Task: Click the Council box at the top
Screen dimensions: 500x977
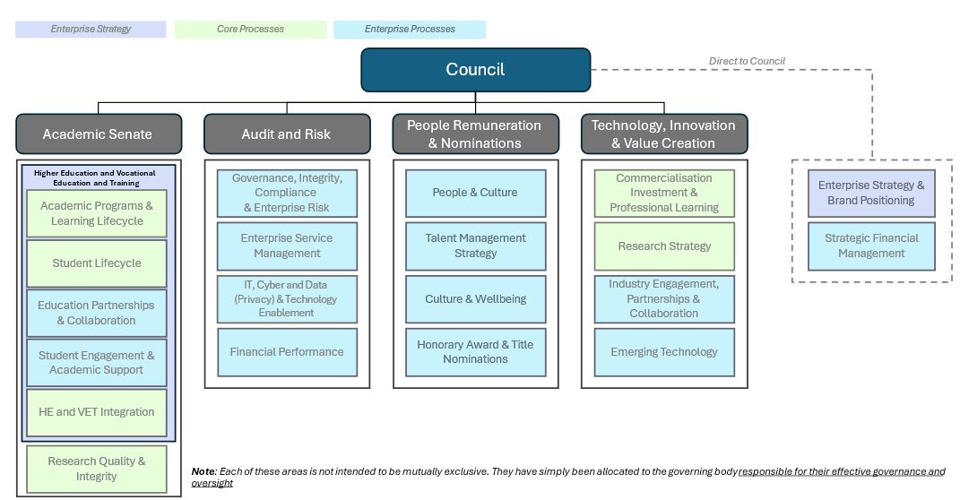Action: coord(475,70)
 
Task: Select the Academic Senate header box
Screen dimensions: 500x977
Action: coord(98,134)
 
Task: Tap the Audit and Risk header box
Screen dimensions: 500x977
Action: coord(286,134)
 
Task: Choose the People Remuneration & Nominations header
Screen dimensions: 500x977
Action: coord(474,134)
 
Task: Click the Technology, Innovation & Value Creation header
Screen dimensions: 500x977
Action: coord(663,134)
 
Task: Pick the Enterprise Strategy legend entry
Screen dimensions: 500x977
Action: coord(91,30)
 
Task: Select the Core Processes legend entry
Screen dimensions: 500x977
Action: coord(250,30)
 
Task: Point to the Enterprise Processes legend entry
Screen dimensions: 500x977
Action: coord(410,30)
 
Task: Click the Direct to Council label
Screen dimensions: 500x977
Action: coord(747,61)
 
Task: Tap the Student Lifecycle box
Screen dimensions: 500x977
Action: coord(97,263)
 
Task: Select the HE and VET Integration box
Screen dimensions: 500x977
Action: coord(97,412)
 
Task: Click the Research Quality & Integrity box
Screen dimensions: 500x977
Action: coord(97,469)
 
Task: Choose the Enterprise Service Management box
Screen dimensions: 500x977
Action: coord(287,246)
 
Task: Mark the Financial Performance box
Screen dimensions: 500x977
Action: coord(287,352)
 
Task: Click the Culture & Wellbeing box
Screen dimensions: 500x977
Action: coord(475,299)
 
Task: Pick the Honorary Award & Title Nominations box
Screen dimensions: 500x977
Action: coord(475,352)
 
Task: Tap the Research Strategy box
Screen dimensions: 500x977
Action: coord(664,246)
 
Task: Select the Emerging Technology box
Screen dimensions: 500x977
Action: coord(664,352)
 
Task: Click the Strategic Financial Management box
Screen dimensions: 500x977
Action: coord(871,246)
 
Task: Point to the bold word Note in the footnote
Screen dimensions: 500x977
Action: coord(203,471)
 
